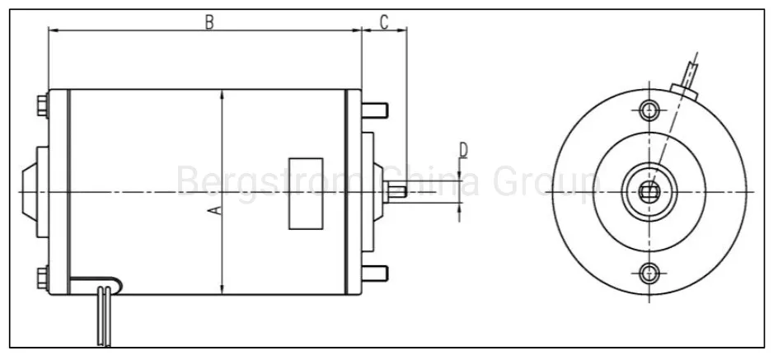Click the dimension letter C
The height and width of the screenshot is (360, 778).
(384, 21)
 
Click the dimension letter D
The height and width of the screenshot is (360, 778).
(463, 150)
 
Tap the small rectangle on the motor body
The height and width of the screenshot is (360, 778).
(305, 193)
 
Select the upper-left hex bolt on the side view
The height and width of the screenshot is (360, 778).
(41, 107)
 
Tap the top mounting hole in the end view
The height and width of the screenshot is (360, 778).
(649, 110)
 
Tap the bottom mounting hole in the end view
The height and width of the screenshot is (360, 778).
(649, 273)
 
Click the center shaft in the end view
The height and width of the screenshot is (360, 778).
(649, 192)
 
